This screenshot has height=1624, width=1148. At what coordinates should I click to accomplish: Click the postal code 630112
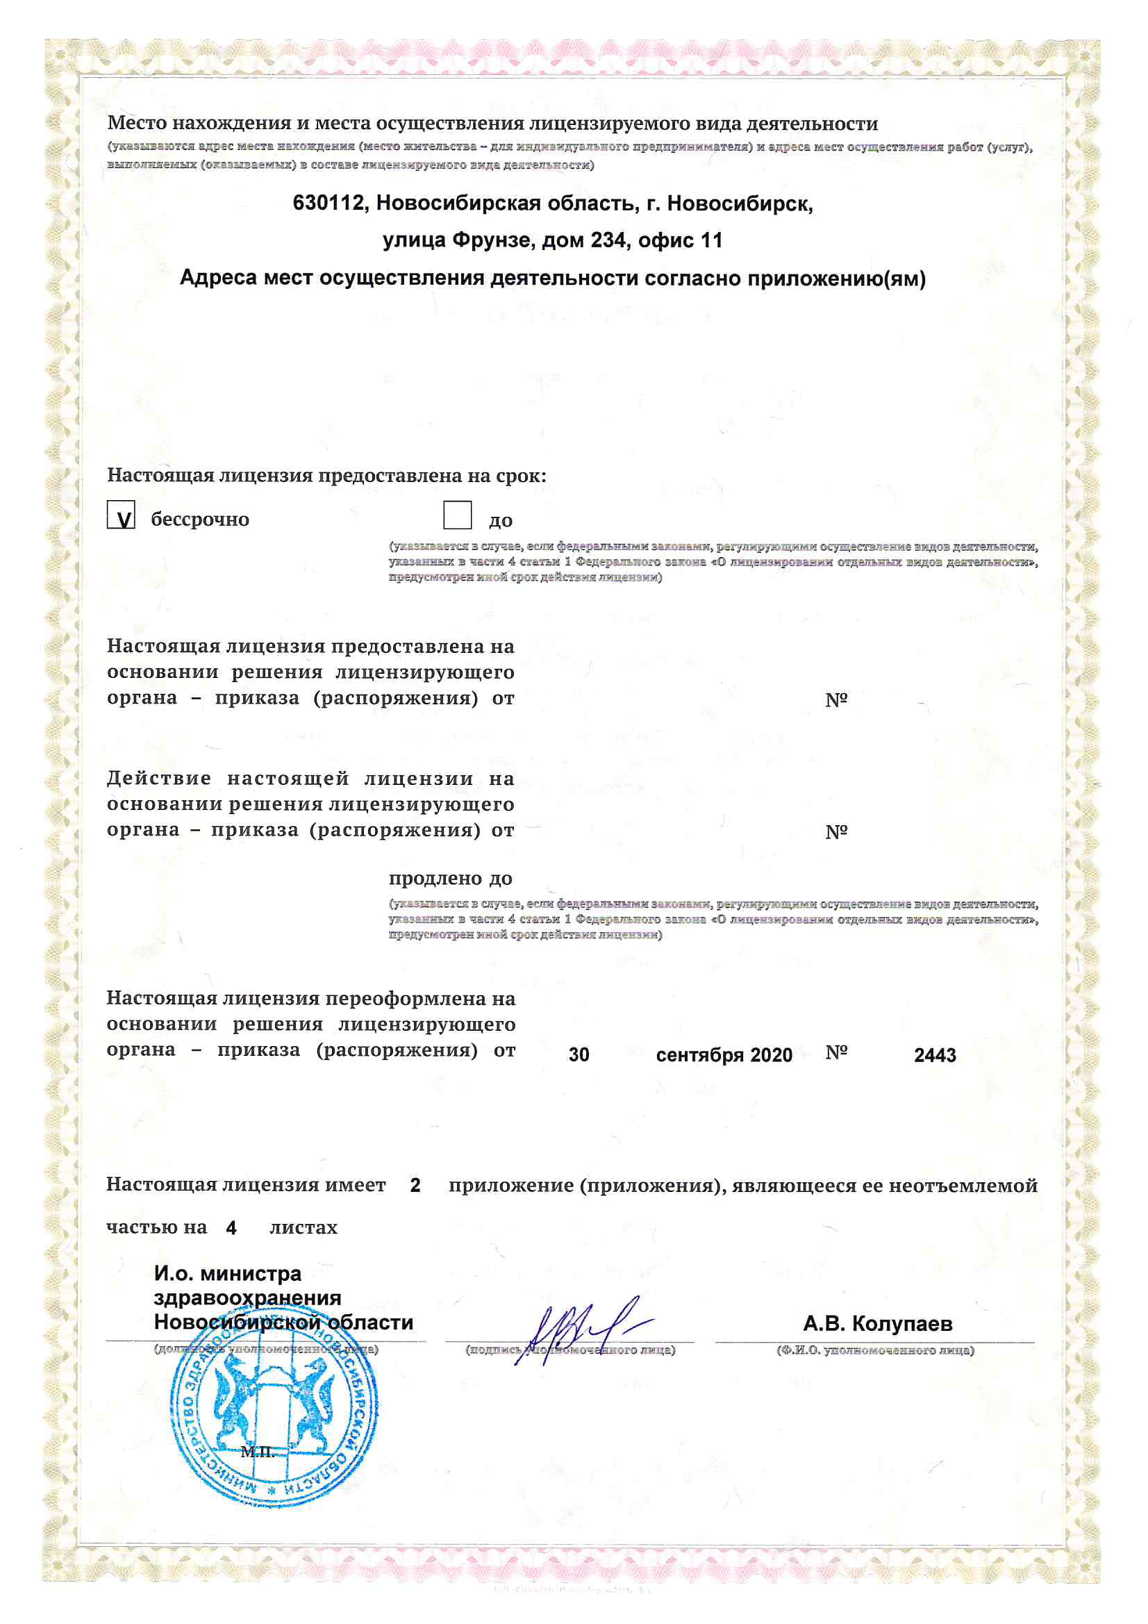coord(328,204)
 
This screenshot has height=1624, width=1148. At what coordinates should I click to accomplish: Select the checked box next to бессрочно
coord(121,515)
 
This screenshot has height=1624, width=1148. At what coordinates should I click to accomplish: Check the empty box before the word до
coord(457,515)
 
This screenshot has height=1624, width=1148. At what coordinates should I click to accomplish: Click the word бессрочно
coord(200,520)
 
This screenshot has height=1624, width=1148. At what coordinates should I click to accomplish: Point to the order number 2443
coord(934,1055)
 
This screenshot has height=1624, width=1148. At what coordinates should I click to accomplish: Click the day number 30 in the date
coord(579,1055)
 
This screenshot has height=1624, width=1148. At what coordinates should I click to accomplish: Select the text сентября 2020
coord(724,1055)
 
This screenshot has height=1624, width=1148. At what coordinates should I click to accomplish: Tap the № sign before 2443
coord(836,1053)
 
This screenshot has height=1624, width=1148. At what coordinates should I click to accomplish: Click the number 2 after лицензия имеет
coord(415,1186)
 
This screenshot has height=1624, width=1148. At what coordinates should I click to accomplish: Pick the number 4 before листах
coord(231,1228)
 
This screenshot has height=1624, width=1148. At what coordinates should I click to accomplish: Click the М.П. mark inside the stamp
coord(258,1452)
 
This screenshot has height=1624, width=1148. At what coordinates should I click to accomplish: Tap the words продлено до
coord(451,879)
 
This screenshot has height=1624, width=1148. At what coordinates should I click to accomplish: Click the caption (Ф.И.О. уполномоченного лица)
coord(875,1350)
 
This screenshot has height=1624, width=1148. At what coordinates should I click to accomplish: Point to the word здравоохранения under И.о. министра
coord(247,1298)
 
